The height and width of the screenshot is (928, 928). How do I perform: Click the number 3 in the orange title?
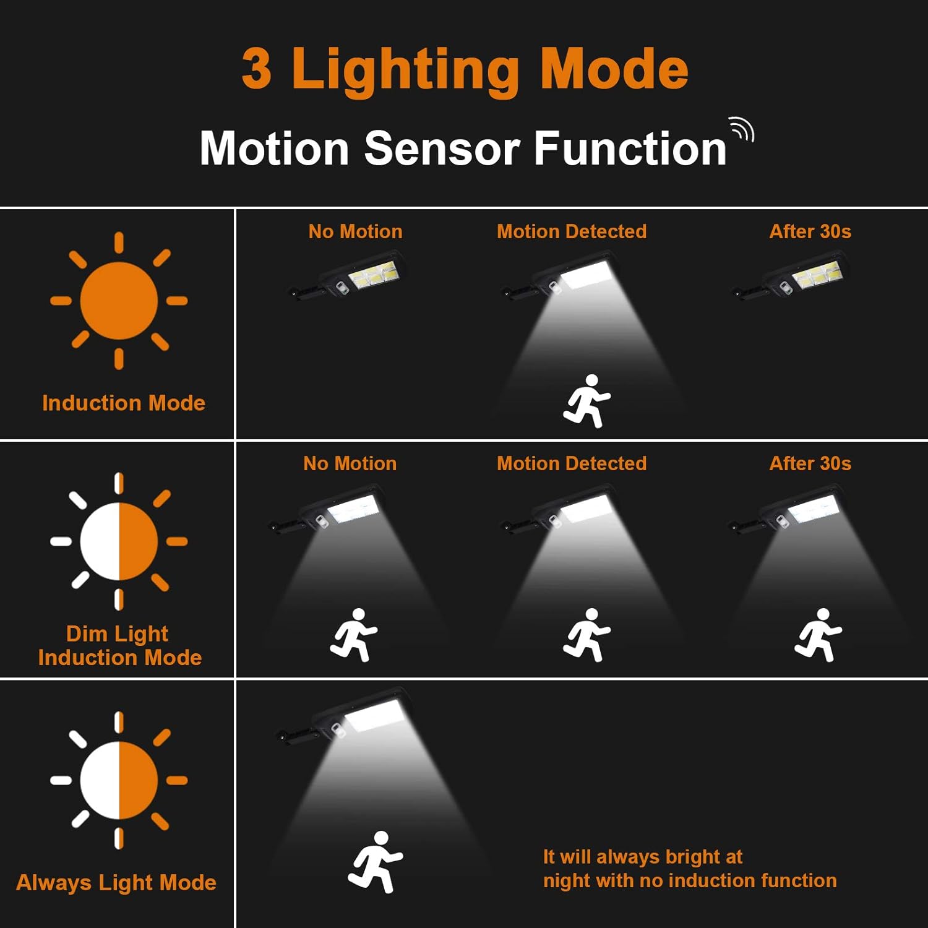click(257, 69)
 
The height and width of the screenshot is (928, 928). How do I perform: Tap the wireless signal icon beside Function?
click(741, 129)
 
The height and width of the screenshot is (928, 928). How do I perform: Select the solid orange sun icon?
click(119, 301)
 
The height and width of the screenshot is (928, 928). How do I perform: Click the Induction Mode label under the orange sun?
click(124, 403)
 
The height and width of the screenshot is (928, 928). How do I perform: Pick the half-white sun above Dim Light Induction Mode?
click(119, 541)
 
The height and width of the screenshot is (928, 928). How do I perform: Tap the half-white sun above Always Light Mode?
click(119, 780)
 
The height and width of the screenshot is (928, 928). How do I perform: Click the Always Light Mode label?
click(116, 882)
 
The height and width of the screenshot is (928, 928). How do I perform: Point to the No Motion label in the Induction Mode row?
click(355, 231)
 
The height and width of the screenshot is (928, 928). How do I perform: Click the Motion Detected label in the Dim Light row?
click(572, 463)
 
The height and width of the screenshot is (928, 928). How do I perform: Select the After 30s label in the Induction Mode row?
click(810, 231)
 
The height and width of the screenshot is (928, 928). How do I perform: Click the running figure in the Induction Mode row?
click(586, 401)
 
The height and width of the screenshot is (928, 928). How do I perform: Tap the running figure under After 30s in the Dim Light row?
click(818, 635)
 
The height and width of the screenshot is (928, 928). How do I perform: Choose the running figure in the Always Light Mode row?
click(375, 862)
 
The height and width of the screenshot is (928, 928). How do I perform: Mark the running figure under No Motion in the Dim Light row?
click(354, 635)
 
